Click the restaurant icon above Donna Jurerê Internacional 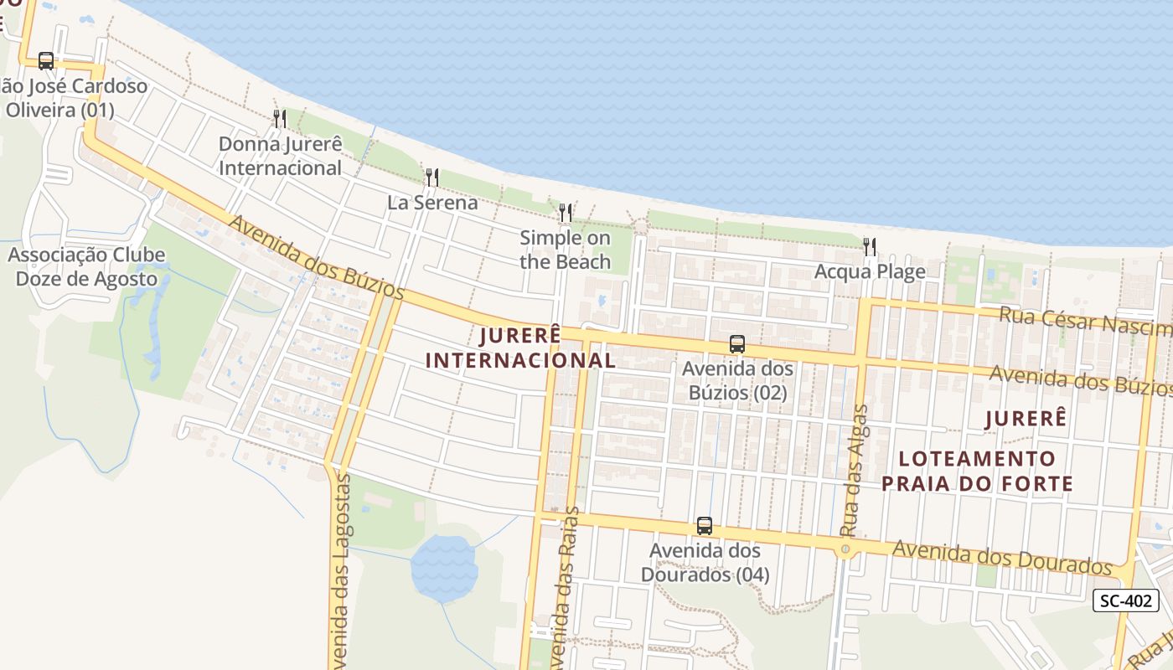pyautogui.click(x=280, y=119)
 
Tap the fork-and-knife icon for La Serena pyautogui.click(x=432, y=177)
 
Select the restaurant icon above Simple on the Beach pyautogui.click(x=566, y=213)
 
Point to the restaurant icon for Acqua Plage pyautogui.click(x=870, y=246)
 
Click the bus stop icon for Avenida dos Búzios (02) pyautogui.click(x=737, y=344)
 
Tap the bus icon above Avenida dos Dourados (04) pyautogui.click(x=705, y=526)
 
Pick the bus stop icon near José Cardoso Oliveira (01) pyautogui.click(x=46, y=61)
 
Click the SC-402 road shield pyautogui.click(x=1126, y=600)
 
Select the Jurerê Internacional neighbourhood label pyautogui.click(x=520, y=348)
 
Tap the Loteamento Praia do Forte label pyautogui.click(x=977, y=471)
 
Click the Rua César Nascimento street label pyautogui.click(x=1085, y=321)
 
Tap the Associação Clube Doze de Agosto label pyautogui.click(x=86, y=266)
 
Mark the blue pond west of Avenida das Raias pyautogui.click(x=443, y=567)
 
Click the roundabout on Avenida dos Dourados pyautogui.click(x=845, y=549)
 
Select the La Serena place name pyautogui.click(x=432, y=203)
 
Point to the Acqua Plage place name pyautogui.click(x=870, y=271)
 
